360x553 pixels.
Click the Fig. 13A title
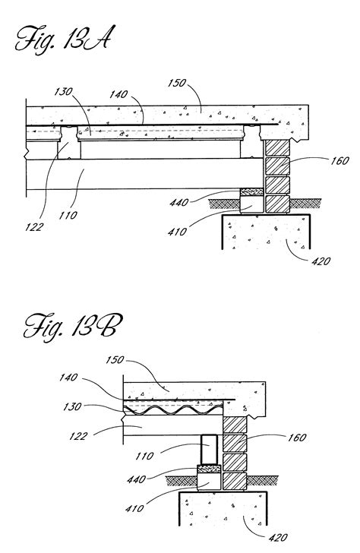(63, 40)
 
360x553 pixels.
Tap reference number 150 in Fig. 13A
(176, 84)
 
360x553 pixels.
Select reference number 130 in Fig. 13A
(63, 92)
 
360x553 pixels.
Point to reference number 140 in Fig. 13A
(118, 94)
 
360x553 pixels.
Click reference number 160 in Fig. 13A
(339, 161)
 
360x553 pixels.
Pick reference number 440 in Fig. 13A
(179, 202)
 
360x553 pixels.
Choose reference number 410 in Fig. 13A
(178, 232)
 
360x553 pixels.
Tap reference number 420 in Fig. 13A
(321, 261)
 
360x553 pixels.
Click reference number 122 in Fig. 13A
(34, 227)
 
